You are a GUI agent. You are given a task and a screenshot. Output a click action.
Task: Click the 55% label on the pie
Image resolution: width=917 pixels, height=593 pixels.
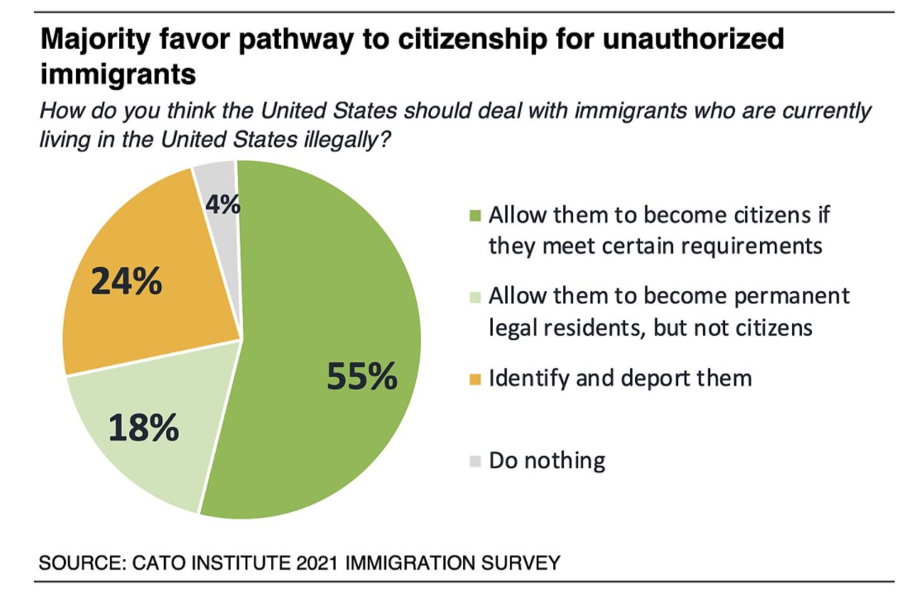362,376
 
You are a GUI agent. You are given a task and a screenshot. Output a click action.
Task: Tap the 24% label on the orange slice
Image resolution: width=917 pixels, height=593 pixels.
126,282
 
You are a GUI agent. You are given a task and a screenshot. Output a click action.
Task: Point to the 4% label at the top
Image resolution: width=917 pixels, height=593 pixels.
223,203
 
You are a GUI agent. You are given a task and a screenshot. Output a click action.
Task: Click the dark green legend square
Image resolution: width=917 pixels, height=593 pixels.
475,218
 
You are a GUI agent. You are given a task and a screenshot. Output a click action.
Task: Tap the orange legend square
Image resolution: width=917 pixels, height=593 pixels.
475,379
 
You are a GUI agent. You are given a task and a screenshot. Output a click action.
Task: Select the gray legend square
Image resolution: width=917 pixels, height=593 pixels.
475,460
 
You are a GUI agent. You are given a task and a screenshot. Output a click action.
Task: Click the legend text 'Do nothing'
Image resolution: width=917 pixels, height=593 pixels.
547,460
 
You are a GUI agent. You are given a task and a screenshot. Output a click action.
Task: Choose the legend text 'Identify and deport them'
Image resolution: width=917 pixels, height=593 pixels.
620,378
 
